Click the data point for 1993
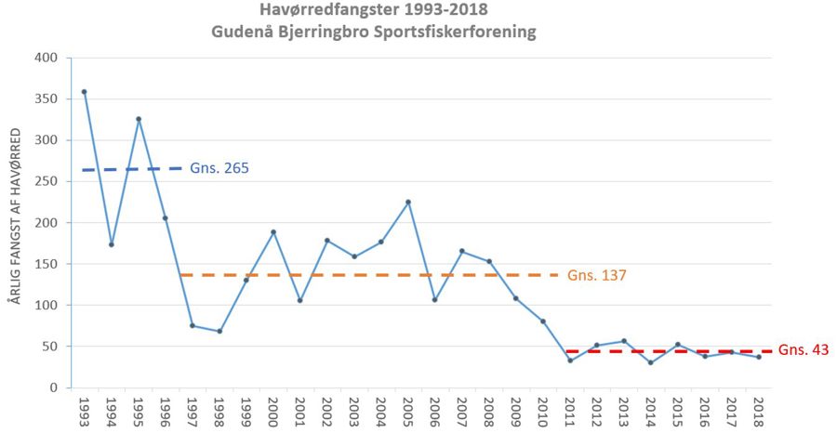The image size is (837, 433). point(84,92)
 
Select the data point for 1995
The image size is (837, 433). point(138,119)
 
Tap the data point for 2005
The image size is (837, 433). point(407,202)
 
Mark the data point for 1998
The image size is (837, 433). point(219,331)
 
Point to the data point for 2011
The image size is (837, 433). point(569,361)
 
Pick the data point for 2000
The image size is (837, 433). point(273,231)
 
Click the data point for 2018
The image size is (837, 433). point(759,357)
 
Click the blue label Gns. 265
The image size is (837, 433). point(219,168)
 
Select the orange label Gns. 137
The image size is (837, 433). point(597,275)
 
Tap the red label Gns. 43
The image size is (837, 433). point(804,350)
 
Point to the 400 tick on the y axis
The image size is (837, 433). point(46,58)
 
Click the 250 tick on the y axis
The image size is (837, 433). point(46,181)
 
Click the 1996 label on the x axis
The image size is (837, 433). point(166,411)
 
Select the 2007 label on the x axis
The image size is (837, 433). point(462,411)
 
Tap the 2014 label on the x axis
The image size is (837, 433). point(651,411)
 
